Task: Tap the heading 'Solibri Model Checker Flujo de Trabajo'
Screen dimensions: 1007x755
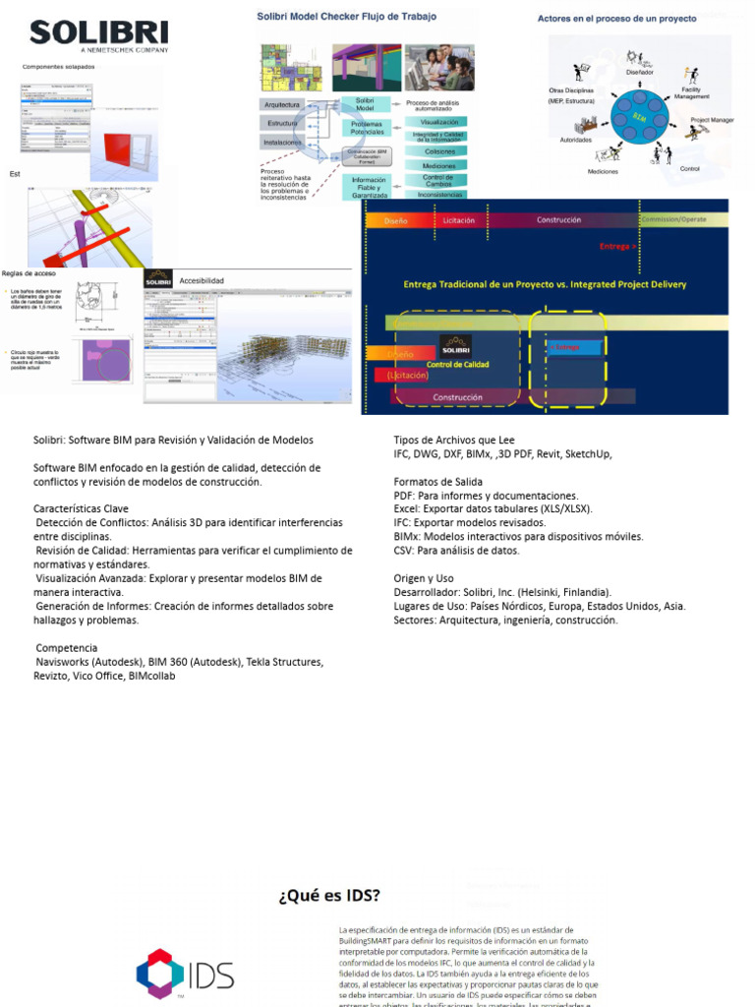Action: [x=347, y=17]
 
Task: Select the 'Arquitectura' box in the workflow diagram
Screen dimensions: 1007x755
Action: [x=281, y=104]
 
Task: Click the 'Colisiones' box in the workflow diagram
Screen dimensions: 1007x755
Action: [x=437, y=151]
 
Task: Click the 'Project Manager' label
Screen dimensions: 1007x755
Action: [x=712, y=120]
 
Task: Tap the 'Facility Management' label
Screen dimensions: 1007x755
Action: [x=691, y=92]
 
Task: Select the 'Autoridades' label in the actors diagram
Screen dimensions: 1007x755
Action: [x=575, y=140]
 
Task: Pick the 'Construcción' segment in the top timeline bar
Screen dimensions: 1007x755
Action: [x=558, y=220]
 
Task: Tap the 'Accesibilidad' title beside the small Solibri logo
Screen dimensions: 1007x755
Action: [x=202, y=280]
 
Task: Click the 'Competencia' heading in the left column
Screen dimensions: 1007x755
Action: [x=67, y=648]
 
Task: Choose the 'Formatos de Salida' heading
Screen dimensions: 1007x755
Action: [x=437, y=482]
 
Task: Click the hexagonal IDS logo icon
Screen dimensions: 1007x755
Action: [x=159, y=974]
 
